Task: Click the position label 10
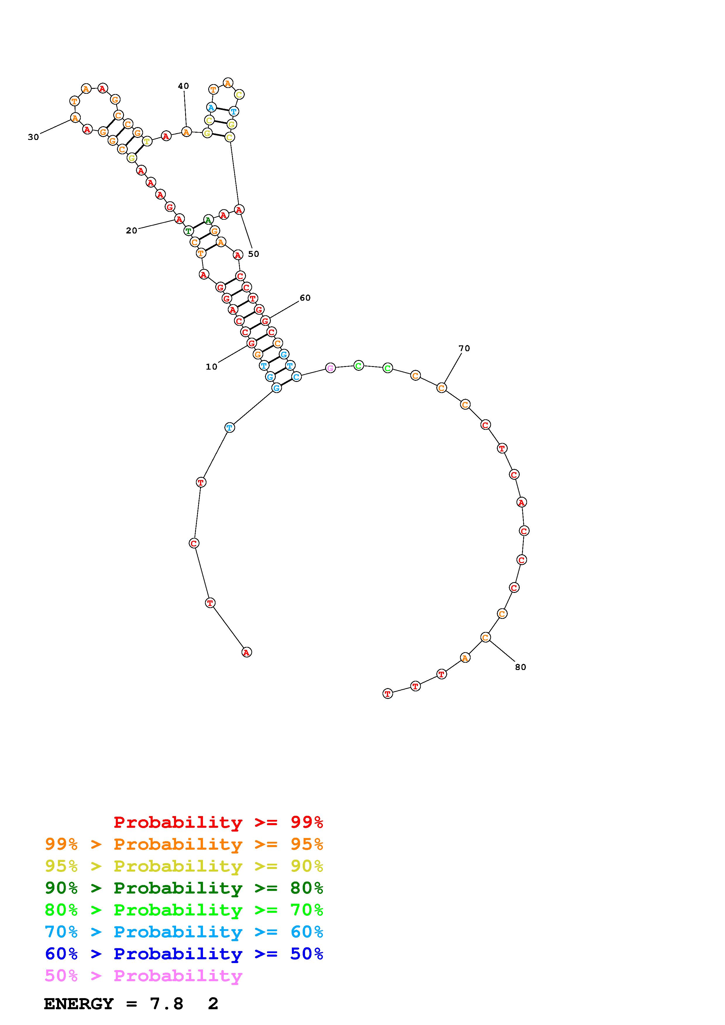(211, 367)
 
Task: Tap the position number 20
(131, 231)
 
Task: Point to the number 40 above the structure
(183, 86)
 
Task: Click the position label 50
(253, 254)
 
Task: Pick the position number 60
(305, 298)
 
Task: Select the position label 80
(520, 667)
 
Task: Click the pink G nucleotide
(330, 368)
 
